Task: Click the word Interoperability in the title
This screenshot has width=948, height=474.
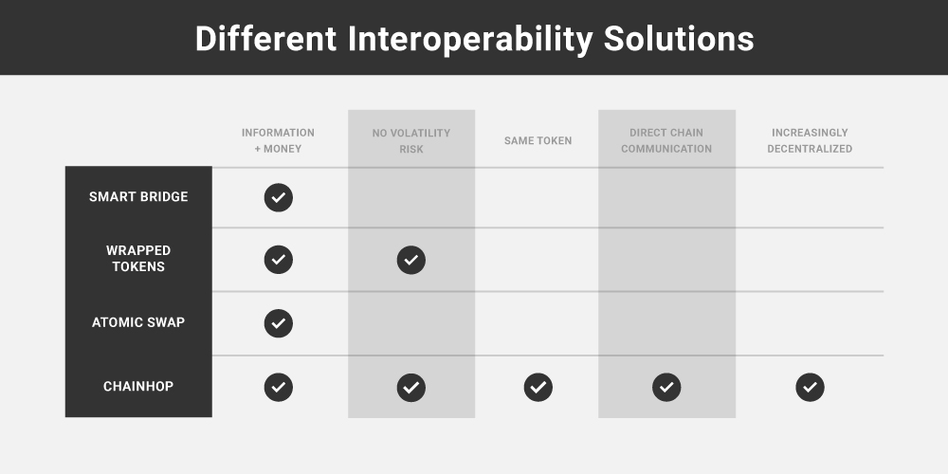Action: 470,39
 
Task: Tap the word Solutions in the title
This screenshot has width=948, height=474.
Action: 679,39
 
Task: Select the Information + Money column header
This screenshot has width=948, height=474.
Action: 278,140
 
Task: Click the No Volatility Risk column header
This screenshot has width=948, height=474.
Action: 411,141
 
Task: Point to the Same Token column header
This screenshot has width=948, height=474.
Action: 538,141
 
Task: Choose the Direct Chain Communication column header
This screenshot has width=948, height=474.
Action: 666,140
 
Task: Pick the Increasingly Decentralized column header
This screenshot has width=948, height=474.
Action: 810,140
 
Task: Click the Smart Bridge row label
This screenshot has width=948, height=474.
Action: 138,196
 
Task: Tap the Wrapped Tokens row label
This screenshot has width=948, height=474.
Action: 138,259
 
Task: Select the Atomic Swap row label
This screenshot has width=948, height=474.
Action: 138,322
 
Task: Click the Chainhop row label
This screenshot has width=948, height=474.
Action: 138,387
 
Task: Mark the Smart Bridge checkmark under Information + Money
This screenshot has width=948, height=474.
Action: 278,197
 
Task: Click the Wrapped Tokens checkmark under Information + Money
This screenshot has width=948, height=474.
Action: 278,260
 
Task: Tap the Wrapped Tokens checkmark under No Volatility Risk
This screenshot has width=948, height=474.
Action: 411,260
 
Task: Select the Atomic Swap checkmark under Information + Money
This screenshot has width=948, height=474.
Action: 278,323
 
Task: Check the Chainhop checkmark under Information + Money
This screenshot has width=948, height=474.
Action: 278,387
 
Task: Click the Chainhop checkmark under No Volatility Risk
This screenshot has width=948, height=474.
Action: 411,387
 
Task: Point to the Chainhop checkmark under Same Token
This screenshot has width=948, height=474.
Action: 538,387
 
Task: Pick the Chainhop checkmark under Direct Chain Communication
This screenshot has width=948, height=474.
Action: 666,387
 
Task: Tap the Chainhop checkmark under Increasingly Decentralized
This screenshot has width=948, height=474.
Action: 811,387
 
